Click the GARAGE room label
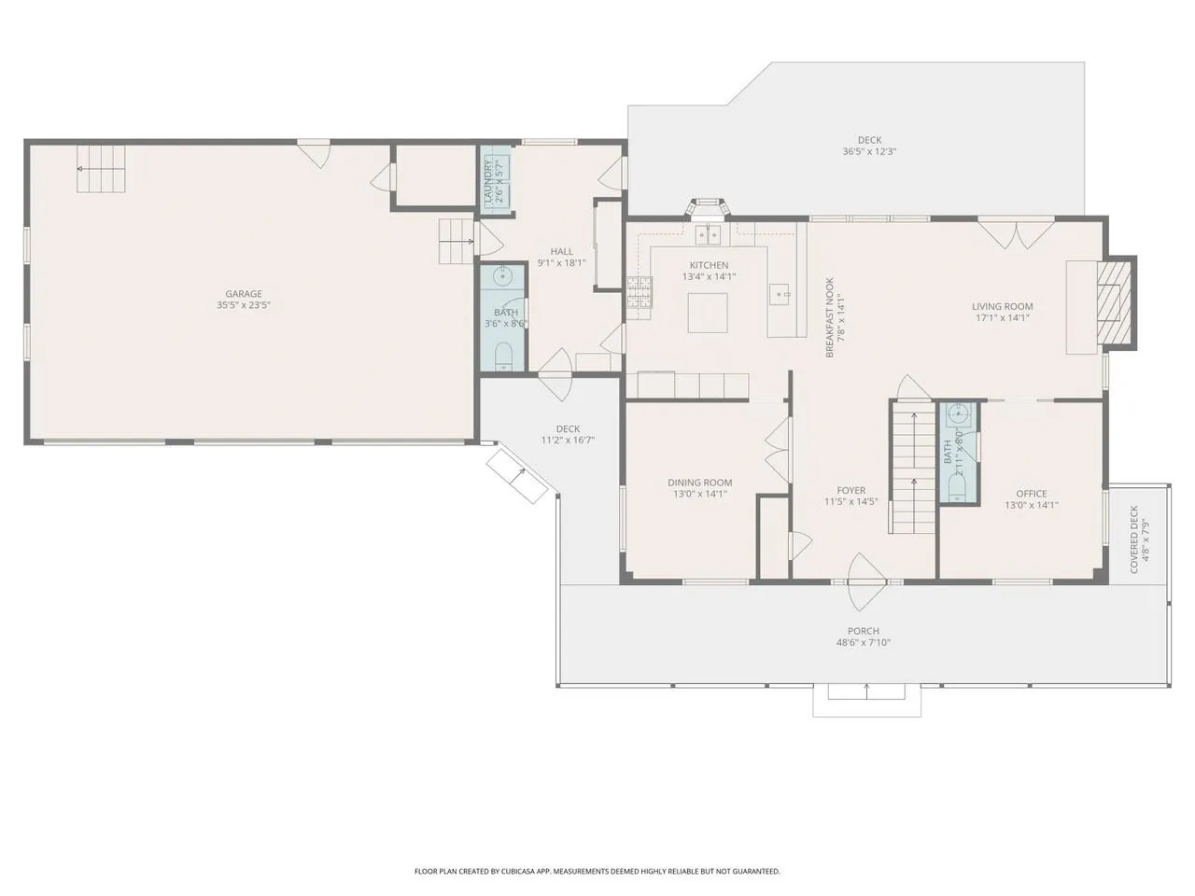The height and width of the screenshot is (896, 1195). [244, 294]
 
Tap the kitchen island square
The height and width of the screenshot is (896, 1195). [708, 313]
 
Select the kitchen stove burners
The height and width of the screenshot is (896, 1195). [640, 291]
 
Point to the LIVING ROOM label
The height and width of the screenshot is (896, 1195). [1003, 306]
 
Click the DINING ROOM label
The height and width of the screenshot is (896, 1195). [699, 483]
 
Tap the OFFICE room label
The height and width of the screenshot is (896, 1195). [1031, 494]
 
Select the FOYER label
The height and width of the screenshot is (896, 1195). [851, 490]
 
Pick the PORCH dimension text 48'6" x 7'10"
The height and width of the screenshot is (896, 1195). [864, 642]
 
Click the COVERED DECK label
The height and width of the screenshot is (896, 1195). [1134, 539]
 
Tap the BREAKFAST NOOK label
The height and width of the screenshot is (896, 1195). [830, 317]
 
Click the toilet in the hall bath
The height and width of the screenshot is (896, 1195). [503, 357]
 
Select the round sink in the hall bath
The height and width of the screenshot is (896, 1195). [502, 277]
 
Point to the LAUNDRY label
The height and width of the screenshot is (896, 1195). [487, 180]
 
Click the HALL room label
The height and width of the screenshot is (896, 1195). [561, 251]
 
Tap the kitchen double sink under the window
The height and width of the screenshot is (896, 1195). [708, 234]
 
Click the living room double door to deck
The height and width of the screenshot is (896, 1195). [1016, 233]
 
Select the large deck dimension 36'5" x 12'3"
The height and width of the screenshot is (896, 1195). [869, 152]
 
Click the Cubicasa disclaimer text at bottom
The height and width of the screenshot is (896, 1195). [597, 872]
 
